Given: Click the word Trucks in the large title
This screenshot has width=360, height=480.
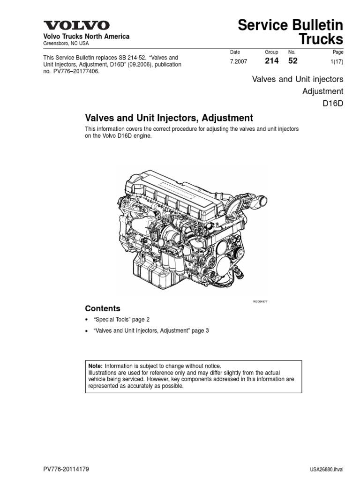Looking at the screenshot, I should coord(319,39).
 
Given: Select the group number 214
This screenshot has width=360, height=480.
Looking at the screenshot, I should coord(272,61).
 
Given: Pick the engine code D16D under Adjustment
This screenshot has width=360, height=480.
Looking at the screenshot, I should coord(333,103).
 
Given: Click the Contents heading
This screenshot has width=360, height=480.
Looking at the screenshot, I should coord(102,308).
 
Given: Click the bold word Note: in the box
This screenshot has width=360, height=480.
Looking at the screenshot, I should coord(96,366).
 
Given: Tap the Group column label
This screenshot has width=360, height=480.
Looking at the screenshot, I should coord(271,52).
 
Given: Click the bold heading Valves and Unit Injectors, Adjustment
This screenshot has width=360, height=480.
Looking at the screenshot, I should coord(169,118).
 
